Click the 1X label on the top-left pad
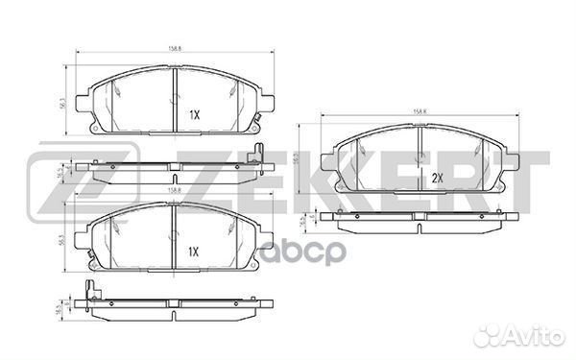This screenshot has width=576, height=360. pos(193,114)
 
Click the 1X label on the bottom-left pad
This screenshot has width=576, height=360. pos(193,252)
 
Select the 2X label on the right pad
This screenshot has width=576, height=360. pos(437,178)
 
